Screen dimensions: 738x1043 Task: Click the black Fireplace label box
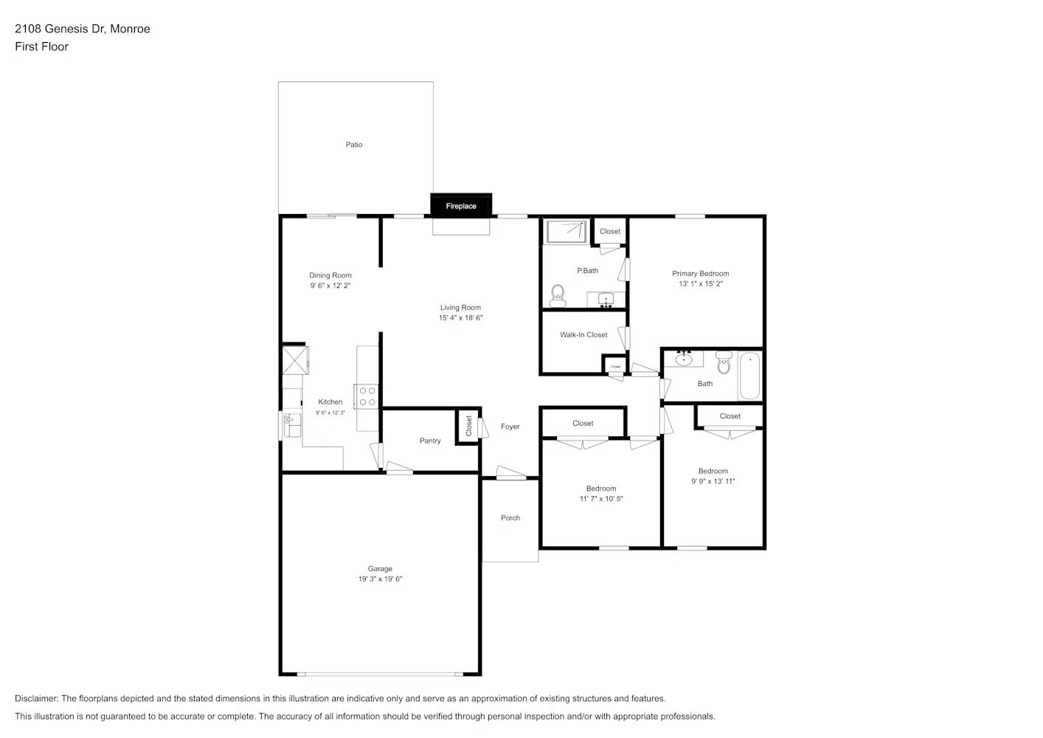click(x=461, y=206)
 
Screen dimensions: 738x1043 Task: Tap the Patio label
click(x=354, y=145)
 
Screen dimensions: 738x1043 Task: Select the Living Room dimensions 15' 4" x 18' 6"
click(x=460, y=318)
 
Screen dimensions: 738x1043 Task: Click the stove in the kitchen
click(x=367, y=396)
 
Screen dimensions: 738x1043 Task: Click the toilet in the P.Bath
click(x=558, y=295)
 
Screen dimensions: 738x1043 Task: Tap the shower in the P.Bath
click(x=566, y=231)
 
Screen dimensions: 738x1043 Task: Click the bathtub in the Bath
click(x=749, y=376)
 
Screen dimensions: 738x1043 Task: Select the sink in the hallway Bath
click(x=684, y=359)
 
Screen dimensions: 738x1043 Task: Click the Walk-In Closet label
click(x=583, y=335)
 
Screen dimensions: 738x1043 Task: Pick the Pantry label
click(x=430, y=441)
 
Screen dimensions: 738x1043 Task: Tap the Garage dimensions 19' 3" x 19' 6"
click(x=380, y=579)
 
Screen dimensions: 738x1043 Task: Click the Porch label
click(x=510, y=518)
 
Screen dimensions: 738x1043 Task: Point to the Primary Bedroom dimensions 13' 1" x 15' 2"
click(x=701, y=284)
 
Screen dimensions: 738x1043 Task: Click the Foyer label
click(x=510, y=427)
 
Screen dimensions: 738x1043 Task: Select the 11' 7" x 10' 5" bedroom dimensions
click(x=601, y=499)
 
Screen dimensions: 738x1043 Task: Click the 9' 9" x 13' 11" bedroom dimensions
click(x=713, y=481)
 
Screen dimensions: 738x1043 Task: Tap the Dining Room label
click(x=330, y=275)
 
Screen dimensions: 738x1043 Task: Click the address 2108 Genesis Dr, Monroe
click(x=83, y=29)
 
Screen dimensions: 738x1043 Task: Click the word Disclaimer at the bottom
click(x=36, y=698)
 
